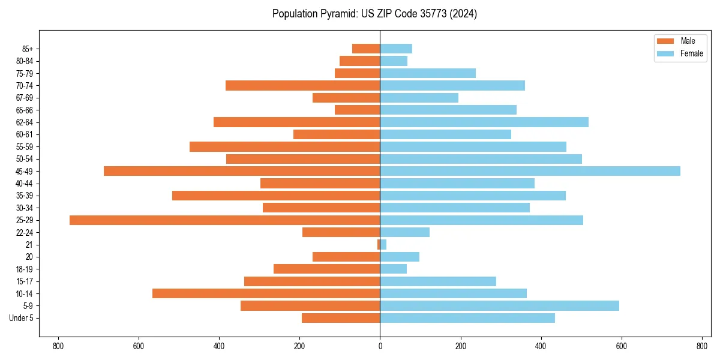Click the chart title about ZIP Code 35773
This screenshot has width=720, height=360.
click(374, 14)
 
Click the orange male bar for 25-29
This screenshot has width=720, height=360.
click(225, 220)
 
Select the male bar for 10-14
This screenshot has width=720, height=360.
click(266, 293)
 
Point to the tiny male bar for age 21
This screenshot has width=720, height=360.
click(379, 245)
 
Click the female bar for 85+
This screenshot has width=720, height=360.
click(396, 49)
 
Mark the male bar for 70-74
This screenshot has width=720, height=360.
click(303, 85)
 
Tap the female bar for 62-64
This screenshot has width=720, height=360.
click(484, 122)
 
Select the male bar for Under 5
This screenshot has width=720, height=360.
click(341, 318)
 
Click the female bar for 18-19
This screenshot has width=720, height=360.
click(394, 269)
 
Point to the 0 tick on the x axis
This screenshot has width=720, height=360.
click(380, 346)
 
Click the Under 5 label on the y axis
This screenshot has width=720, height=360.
click(21, 318)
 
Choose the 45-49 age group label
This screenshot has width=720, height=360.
click(25, 171)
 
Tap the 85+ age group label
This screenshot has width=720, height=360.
click(27, 49)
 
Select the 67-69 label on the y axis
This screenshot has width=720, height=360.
click(25, 98)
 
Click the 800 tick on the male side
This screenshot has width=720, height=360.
click(58, 346)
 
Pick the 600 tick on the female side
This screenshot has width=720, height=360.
click(621, 346)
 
